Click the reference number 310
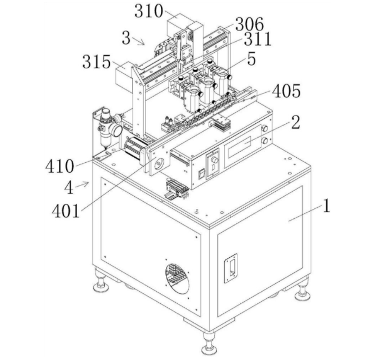(149, 11)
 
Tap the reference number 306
(250, 24)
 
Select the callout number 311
(257, 39)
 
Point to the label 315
(97, 62)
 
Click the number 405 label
(286, 91)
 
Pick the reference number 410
(59, 166)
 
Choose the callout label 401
(65, 211)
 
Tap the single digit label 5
(251, 59)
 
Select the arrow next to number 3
(139, 41)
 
